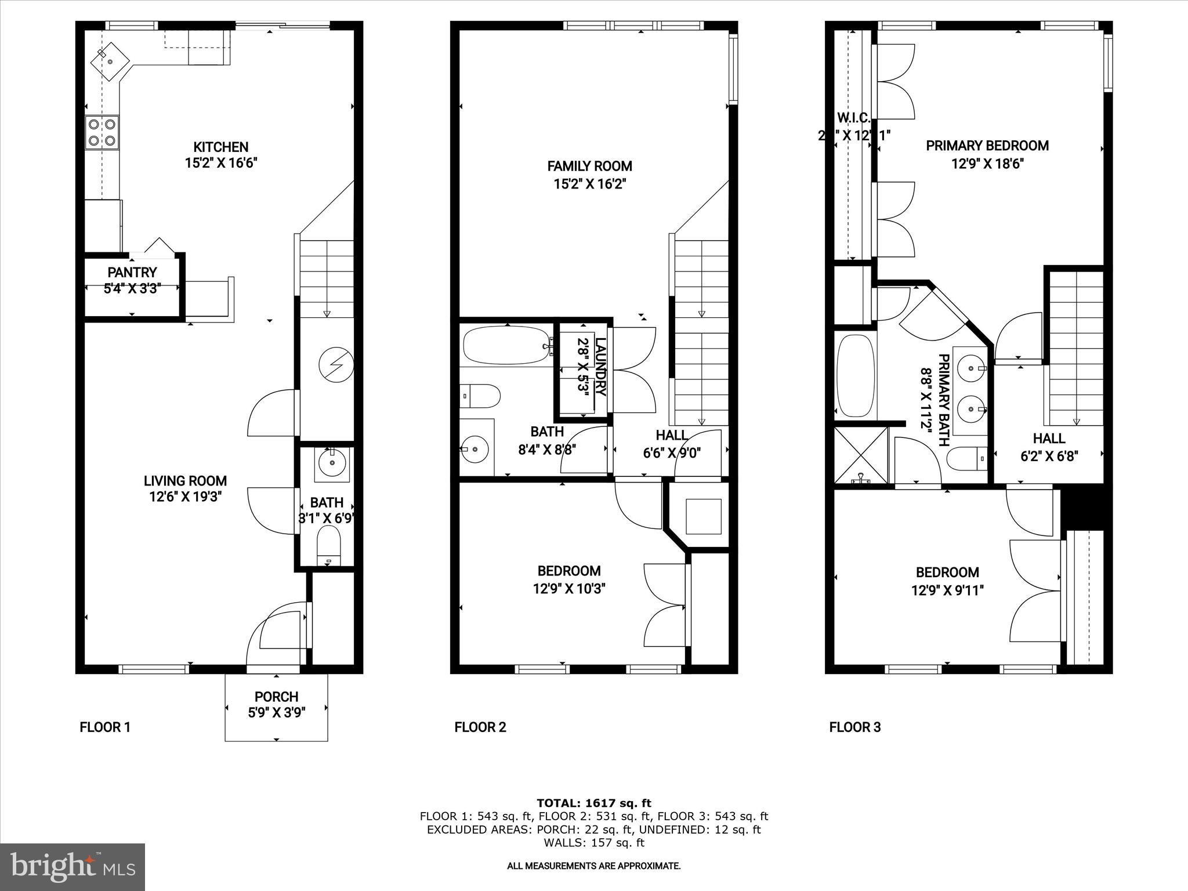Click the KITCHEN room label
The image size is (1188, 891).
click(x=220, y=147)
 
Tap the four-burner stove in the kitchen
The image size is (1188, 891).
click(x=102, y=132)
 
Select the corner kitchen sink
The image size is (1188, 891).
click(x=110, y=60)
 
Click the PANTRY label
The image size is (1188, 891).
click(x=132, y=272)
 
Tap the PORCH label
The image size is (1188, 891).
click(x=276, y=697)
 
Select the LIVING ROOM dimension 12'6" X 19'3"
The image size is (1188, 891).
click(x=185, y=497)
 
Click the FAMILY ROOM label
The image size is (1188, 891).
click(x=589, y=166)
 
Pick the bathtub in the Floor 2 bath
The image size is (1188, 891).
click(x=505, y=346)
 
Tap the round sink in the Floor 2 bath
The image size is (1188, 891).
click(x=476, y=448)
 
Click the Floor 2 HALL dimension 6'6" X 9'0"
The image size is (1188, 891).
click(x=672, y=453)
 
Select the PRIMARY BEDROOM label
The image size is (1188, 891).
click(x=987, y=145)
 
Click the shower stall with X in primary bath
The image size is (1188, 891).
click(x=861, y=455)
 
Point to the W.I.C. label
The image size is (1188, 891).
click(x=853, y=118)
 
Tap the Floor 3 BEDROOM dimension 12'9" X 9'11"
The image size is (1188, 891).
click(x=947, y=591)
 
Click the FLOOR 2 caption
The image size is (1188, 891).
click(x=480, y=727)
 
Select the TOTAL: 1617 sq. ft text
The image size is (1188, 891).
click(x=593, y=803)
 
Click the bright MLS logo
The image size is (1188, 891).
click(x=73, y=867)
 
